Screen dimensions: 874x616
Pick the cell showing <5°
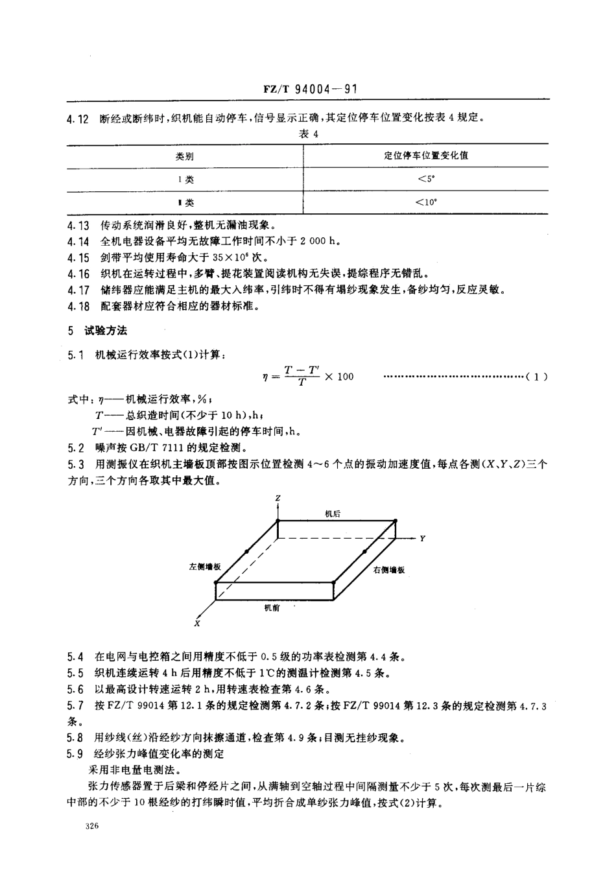[x=426, y=180]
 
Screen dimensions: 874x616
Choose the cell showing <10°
[x=426, y=202]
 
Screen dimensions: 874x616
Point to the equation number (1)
[x=537, y=376]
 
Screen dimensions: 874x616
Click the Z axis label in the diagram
[x=278, y=498]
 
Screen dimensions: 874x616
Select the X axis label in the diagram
[x=196, y=623]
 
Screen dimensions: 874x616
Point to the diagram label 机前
[x=272, y=607]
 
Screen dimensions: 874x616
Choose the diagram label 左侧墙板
[x=205, y=566]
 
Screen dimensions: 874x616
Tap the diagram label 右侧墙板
[x=389, y=569]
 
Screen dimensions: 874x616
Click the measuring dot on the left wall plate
[x=246, y=552]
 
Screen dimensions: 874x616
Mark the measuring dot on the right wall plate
[x=365, y=552]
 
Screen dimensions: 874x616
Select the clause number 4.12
[x=78, y=119]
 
